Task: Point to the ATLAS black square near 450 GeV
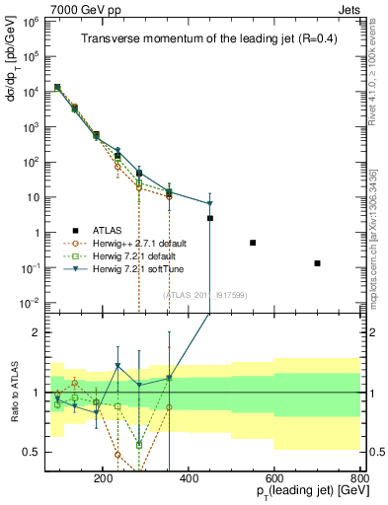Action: tap(210, 218)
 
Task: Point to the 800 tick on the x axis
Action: tap(359, 476)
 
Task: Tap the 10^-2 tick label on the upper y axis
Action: tap(29, 303)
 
